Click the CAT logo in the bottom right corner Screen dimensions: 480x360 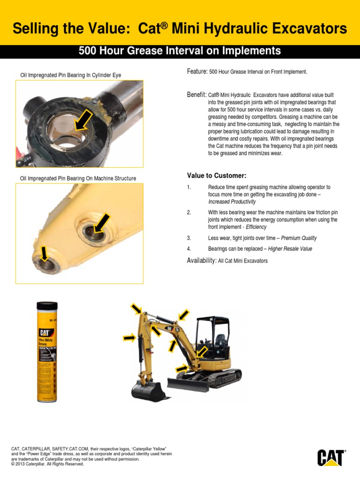pyautogui.click(x=331, y=458)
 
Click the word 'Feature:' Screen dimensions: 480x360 pyautogui.click(x=197, y=71)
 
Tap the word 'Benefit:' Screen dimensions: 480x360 pyautogui.click(x=197, y=95)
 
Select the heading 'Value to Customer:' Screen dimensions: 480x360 pyautogui.click(x=217, y=175)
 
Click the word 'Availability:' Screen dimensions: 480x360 pyautogui.click(x=202, y=260)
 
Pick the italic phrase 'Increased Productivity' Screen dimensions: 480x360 pyautogui.click(x=232, y=202)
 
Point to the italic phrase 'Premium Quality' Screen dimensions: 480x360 pyautogui.click(x=299, y=238)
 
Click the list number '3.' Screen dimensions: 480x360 pyautogui.click(x=189, y=238)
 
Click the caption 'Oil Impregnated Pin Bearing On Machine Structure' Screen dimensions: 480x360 pyautogui.click(x=78, y=178)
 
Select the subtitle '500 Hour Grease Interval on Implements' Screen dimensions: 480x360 pyautogui.click(x=180, y=51)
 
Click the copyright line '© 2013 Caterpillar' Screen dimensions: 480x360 pyautogui.click(x=47, y=465)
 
